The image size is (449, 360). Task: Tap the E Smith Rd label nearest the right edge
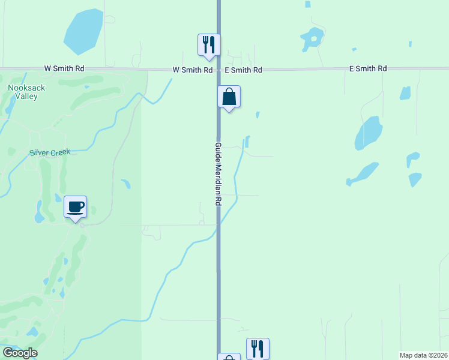(368, 69)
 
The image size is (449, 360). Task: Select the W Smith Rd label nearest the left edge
(64, 69)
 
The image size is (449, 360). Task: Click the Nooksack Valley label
(26, 92)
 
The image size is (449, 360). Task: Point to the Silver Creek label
(50, 152)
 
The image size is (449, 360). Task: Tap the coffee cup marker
(76, 208)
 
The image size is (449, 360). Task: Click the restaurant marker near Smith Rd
(209, 45)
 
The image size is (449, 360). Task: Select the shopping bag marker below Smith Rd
(229, 97)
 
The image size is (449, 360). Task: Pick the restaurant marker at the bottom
(258, 348)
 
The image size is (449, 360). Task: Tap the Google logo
(20, 353)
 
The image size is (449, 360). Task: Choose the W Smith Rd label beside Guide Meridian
(193, 70)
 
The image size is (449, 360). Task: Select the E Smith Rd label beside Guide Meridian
(243, 70)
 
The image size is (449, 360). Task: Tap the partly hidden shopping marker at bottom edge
(229, 358)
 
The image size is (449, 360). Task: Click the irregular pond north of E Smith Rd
(312, 39)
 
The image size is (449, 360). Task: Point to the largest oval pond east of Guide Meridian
(369, 133)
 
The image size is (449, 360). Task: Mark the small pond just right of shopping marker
(258, 115)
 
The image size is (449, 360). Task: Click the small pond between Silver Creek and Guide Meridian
(125, 184)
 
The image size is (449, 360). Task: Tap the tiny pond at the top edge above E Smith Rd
(308, 4)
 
